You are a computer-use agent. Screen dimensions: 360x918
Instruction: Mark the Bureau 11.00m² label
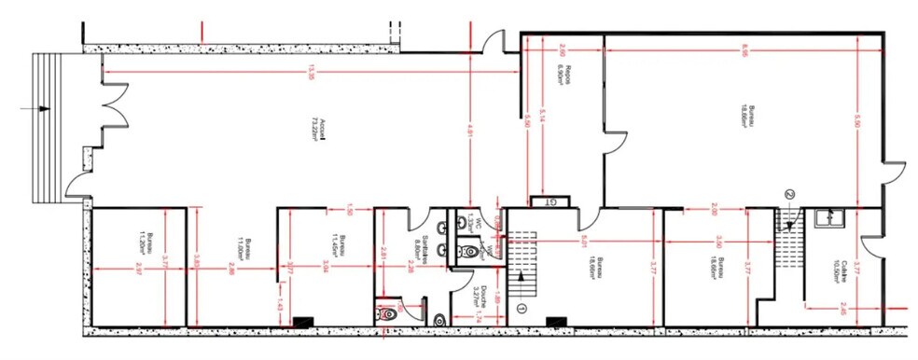(x=240, y=248)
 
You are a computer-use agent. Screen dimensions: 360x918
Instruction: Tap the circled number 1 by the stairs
(x=522, y=308)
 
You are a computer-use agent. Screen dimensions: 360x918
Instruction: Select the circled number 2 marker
(x=789, y=194)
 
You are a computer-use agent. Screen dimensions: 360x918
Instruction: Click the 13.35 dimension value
(x=310, y=72)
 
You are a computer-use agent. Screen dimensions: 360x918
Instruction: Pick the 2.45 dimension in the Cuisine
(x=843, y=307)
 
